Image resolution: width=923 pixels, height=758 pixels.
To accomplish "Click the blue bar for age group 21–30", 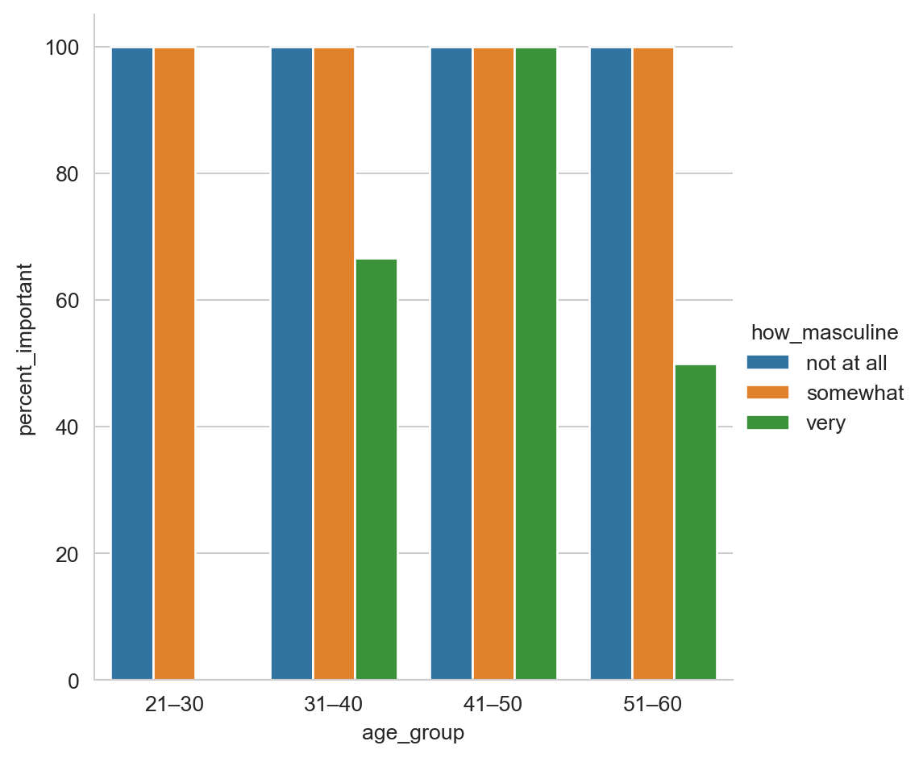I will [x=132, y=363].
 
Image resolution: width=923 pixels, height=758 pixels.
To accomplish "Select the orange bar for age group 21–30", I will [x=174, y=363].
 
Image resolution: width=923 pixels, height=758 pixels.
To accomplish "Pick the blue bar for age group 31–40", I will [x=292, y=363].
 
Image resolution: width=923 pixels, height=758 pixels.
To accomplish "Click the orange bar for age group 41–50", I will [x=493, y=363].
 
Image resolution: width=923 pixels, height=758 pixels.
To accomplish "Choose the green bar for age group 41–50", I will [x=535, y=363].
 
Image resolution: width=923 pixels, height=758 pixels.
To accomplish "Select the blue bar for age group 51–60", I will [x=611, y=363].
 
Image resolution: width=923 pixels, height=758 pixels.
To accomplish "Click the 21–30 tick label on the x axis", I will [x=174, y=705].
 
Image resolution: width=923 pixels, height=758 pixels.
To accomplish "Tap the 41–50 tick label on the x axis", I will [x=493, y=705].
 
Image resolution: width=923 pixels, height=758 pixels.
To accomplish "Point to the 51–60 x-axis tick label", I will [x=653, y=705].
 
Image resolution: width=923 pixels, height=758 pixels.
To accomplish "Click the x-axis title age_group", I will [x=414, y=733].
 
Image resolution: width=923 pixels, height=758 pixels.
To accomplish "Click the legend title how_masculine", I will [x=825, y=332].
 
